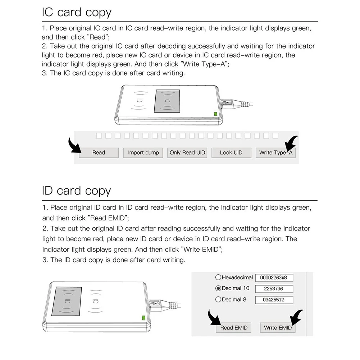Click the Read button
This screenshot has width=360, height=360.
point(99,152)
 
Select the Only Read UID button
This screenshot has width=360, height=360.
point(187,152)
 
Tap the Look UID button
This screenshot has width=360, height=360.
point(231,152)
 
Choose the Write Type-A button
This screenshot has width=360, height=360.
point(275,152)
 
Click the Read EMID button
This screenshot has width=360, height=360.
point(234,328)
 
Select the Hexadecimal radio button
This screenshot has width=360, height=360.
point(218,277)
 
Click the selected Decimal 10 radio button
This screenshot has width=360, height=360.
point(218,288)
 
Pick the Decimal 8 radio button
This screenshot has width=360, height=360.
point(218,300)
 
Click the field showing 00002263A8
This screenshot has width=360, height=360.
point(274,278)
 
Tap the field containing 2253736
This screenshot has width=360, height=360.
point(274,289)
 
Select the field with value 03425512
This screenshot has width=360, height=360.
point(274,300)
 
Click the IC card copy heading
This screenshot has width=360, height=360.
point(77,12)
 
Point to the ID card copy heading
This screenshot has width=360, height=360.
point(76,191)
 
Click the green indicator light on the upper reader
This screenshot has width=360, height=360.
point(216,114)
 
